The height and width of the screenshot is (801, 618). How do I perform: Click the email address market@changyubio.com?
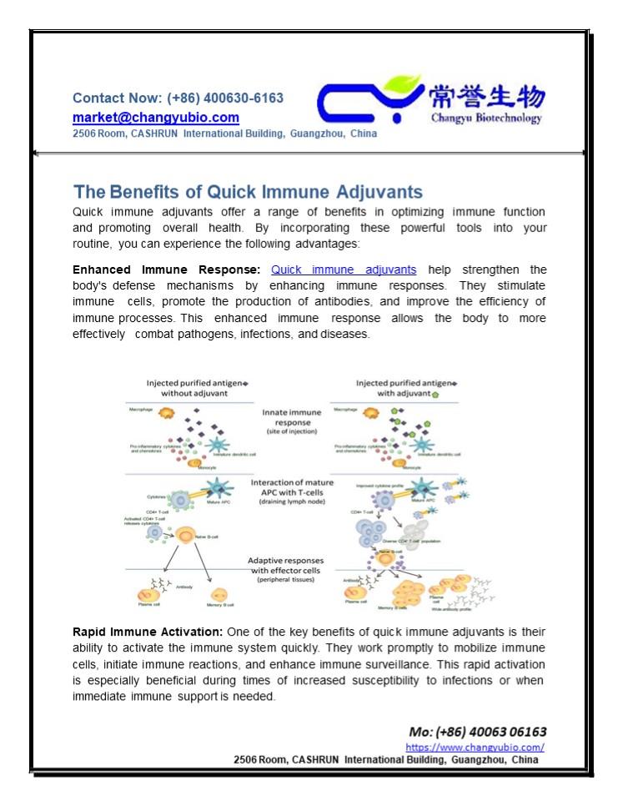coord(156,118)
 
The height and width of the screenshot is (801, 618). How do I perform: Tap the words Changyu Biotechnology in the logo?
coord(486,118)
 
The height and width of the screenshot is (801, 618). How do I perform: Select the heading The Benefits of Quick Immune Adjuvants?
coord(248,191)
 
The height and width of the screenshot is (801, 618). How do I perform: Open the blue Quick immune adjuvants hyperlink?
coord(344,270)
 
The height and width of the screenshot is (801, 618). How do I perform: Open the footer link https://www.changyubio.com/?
coord(475,748)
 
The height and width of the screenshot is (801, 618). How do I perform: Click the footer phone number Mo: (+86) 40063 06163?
coord(478,732)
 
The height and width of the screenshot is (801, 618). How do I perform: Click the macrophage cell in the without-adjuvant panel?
coord(165,414)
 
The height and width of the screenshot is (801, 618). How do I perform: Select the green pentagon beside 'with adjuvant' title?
coord(435,392)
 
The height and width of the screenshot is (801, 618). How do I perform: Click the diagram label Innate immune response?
coord(292,417)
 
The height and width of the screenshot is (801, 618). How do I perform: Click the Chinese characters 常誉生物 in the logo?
coord(487,97)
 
